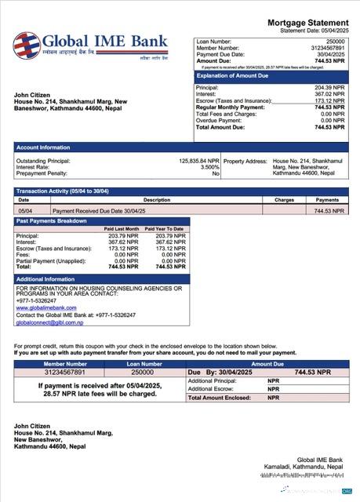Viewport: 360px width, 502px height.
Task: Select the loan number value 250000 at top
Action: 335,40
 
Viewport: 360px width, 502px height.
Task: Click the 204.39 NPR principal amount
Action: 329,88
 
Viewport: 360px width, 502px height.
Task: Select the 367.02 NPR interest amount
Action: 329,94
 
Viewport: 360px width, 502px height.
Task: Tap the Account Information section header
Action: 44,147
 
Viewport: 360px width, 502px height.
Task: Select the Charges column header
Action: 284,200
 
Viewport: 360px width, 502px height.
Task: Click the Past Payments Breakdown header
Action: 52,221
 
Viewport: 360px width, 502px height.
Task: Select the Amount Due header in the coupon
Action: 268,364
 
